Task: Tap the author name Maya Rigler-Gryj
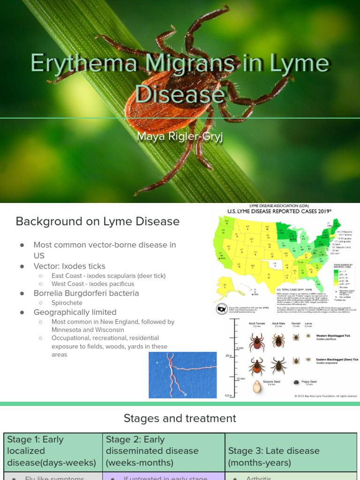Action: [x=180, y=136]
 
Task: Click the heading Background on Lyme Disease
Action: [x=97, y=221]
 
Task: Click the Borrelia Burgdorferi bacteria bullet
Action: [x=86, y=293]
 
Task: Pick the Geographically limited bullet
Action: [x=75, y=312]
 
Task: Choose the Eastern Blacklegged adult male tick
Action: [x=278, y=365]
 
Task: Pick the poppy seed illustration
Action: [x=297, y=383]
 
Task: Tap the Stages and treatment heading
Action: [x=180, y=418]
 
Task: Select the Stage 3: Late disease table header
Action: [x=274, y=457]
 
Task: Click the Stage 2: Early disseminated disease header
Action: [x=152, y=451]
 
